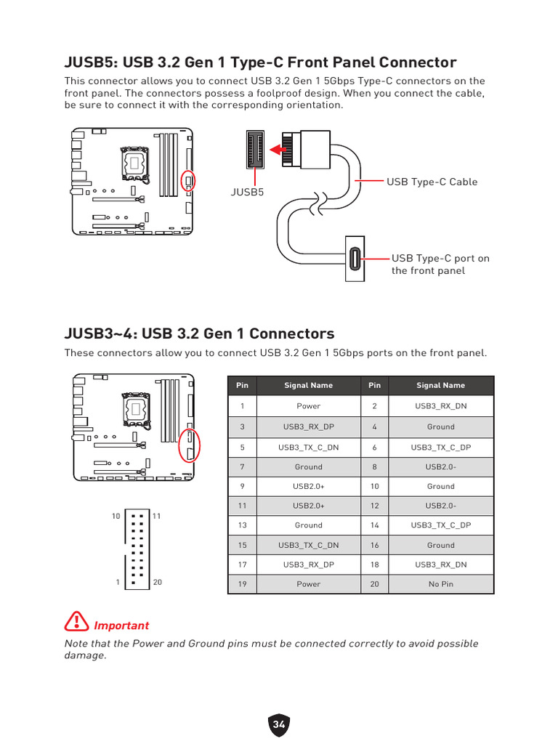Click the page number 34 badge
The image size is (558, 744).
[279, 724]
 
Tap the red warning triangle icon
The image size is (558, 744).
[76, 622]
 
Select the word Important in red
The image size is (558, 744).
[121, 626]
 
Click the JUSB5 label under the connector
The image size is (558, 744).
[247, 192]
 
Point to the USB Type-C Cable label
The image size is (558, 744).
[432, 182]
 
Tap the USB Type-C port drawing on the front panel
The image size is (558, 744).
[355, 259]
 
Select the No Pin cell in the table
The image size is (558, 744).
[441, 583]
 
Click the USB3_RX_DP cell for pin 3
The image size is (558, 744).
[308, 426]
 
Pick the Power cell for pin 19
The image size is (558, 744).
[308, 583]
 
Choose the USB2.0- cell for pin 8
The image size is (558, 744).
[441, 466]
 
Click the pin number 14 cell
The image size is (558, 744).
[374, 525]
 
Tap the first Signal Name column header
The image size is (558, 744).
[308, 385]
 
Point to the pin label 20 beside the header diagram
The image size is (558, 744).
[158, 583]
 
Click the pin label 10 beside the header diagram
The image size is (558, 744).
[116, 516]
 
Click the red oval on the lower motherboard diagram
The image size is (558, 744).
[189, 446]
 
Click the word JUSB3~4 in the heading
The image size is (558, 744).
[99, 333]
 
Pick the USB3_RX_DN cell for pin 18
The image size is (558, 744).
[441, 564]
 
